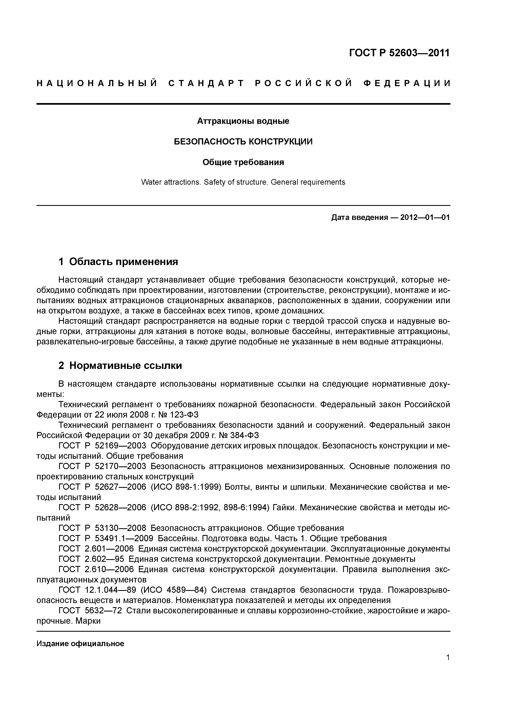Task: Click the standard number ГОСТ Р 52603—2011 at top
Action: pyautogui.click(x=399, y=53)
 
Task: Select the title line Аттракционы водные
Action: pyautogui.click(x=243, y=121)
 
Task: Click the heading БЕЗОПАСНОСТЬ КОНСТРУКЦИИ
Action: pyautogui.click(x=243, y=142)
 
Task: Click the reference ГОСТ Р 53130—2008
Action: pyautogui.click(x=102, y=528)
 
